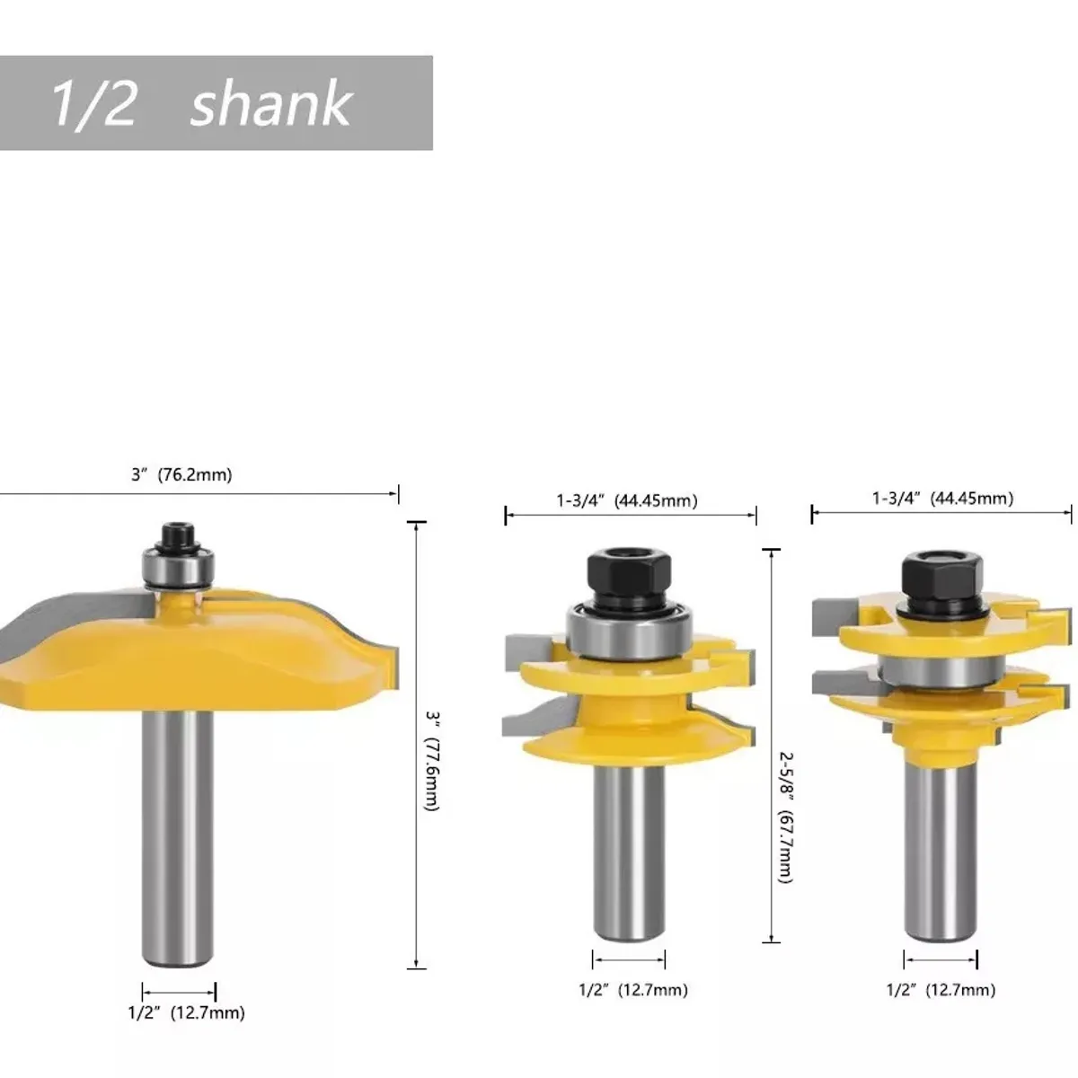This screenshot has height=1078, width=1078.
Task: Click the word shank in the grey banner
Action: [271, 103]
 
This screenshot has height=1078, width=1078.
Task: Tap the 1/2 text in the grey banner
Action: [93, 103]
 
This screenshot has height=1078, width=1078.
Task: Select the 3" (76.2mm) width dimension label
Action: [181, 475]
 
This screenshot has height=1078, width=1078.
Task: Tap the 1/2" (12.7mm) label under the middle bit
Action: [632, 990]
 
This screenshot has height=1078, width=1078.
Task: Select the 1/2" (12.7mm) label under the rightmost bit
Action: [941, 990]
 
